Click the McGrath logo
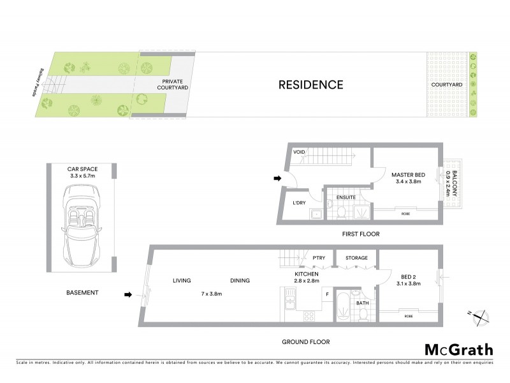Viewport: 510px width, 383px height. (459, 349)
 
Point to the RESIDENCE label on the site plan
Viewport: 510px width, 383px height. (310, 85)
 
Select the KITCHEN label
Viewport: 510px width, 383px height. (306, 274)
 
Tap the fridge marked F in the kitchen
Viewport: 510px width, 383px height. (327, 294)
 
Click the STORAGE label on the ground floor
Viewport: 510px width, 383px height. (356, 258)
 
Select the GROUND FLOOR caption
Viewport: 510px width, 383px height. (306, 342)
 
